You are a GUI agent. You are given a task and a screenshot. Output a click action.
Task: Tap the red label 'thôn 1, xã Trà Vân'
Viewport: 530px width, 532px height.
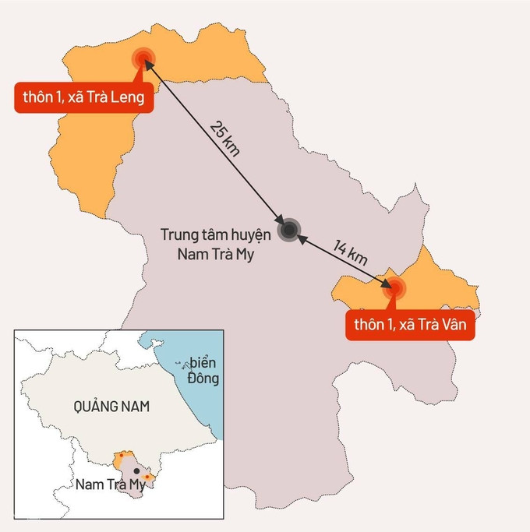(410, 326)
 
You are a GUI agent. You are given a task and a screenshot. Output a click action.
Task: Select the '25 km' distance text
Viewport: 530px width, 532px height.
(225, 138)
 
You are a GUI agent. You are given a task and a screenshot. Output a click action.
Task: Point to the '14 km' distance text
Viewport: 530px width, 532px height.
(350, 253)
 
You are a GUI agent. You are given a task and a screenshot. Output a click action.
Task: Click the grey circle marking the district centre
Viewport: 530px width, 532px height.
(289, 229)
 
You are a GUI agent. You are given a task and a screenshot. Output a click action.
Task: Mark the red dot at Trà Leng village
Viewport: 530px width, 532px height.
(142, 58)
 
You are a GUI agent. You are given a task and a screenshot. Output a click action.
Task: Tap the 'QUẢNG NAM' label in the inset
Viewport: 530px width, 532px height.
(111, 406)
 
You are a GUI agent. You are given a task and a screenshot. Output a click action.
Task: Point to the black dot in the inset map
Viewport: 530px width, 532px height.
(136, 471)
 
